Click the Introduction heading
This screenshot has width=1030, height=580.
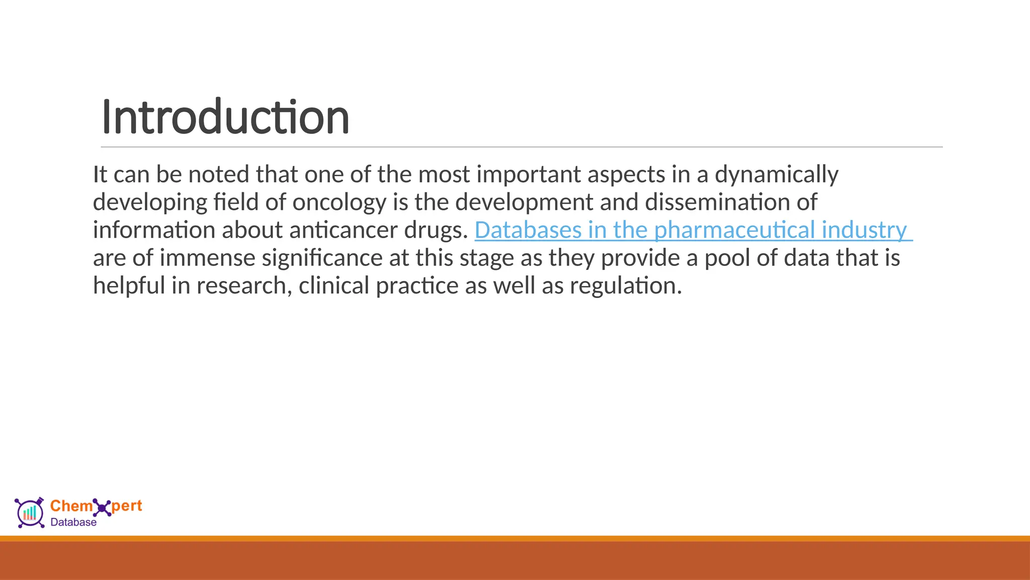tap(225, 117)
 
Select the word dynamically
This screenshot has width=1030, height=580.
tap(777, 175)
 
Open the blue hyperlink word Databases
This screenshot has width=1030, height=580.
tap(528, 230)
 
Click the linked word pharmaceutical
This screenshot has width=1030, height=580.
tap(734, 230)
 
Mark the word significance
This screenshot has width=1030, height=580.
tap(322, 258)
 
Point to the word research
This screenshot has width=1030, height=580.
tap(243, 285)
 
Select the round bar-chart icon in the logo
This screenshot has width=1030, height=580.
tap(30, 513)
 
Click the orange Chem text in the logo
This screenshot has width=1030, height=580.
tap(71, 505)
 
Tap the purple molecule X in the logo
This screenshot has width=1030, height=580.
tap(102, 507)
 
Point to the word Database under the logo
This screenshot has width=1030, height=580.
tap(73, 523)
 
